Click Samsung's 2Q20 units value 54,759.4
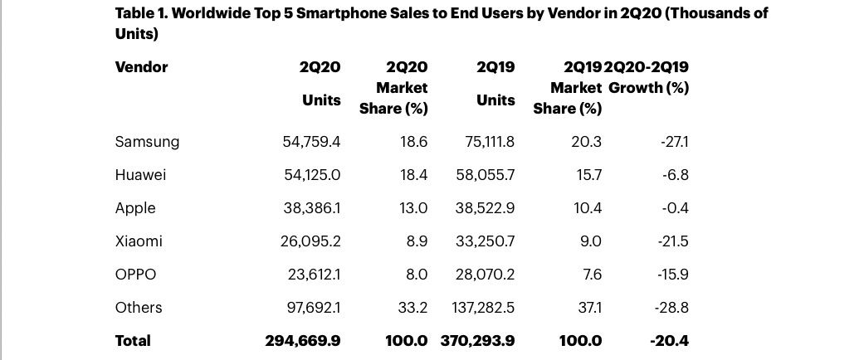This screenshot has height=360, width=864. coord(311,142)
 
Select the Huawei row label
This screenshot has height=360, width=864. coord(140,175)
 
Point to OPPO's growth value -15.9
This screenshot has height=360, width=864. coord(672,274)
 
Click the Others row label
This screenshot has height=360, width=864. coord(139,307)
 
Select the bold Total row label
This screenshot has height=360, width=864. coord(133,341)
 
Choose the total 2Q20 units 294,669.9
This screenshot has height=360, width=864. coord(302,341)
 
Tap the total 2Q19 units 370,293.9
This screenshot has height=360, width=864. coord(478,341)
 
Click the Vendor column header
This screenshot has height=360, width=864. coord(142,67)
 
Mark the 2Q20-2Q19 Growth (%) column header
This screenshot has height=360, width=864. coord(647,77)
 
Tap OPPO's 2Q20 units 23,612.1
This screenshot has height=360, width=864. coord(313,274)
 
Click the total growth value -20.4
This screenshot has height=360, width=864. coord(670,341)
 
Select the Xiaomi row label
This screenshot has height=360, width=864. coord(139,241)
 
